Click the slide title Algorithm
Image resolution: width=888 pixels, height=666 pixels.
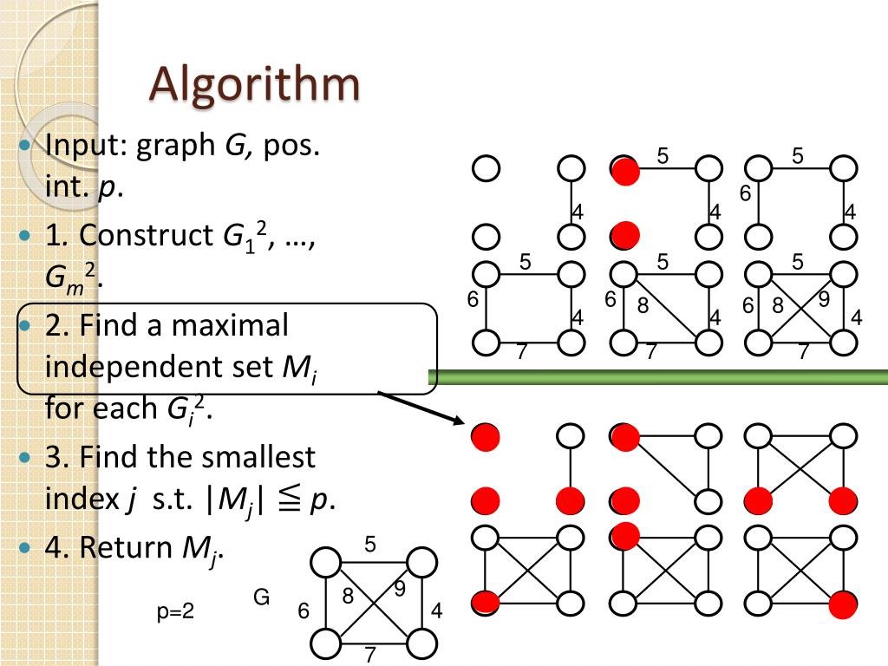(254, 84)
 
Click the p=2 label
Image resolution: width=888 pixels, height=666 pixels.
(175, 612)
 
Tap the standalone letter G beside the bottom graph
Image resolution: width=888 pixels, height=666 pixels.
(261, 597)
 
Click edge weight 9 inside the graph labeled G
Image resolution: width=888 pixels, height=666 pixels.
(400, 589)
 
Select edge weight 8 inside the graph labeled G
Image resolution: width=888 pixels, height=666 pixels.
(349, 596)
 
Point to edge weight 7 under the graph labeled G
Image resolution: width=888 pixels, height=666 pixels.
(370, 655)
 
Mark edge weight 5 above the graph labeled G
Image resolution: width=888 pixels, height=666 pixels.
(370, 545)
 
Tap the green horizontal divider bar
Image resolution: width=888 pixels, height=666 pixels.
(658, 376)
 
